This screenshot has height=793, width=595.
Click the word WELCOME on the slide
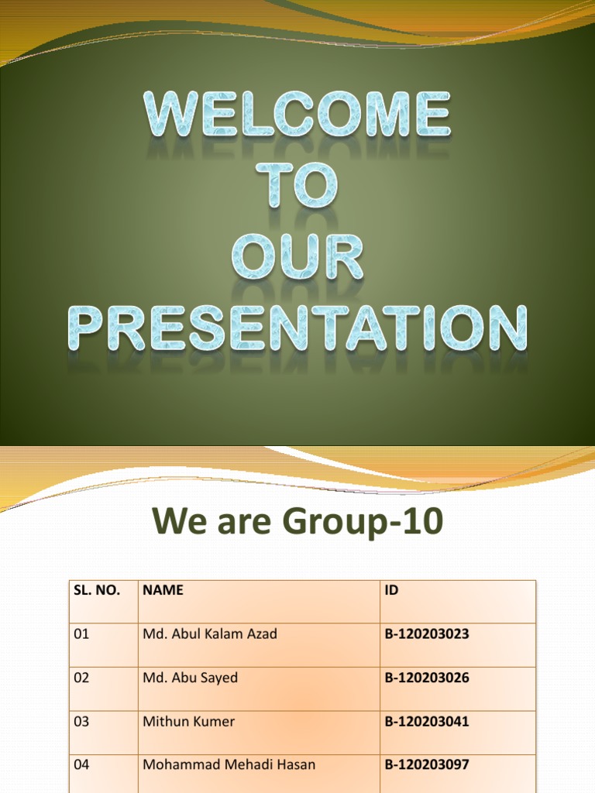(297, 115)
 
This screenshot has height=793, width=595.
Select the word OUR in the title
(297, 257)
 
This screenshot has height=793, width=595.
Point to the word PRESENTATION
(297, 328)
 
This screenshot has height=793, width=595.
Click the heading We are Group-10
(297, 521)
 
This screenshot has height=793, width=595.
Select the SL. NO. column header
(97, 590)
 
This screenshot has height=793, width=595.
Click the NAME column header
(163, 590)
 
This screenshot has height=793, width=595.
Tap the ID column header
(391, 590)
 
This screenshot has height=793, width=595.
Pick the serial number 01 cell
(81, 633)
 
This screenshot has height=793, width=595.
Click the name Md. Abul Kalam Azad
(210, 633)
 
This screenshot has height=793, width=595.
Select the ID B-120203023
(427, 633)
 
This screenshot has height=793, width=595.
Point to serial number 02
(81, 678)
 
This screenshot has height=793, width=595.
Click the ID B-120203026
(427, 678)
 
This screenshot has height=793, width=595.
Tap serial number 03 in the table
(81, 721)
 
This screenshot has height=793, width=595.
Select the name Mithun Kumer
(189, 721)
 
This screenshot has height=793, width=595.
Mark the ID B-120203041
(427, 721)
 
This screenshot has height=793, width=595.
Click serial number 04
(81, 764)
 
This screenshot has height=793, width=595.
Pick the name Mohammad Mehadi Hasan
(229, 764)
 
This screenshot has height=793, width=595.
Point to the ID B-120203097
(427, 764)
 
